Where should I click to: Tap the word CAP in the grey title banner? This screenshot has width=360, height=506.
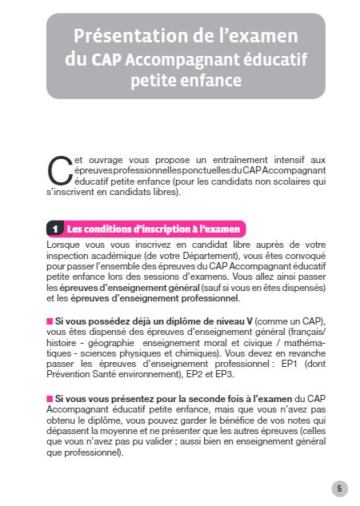pyautogui.click(x=106, y=59)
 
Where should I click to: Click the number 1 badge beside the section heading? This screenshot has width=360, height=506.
pyautogui.click(x=54, y=229)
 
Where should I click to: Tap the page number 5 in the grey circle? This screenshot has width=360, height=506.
pyautogui.click(x=339, y=488)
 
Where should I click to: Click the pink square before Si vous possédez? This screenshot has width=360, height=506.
pyautogui.click(x=49, y=321)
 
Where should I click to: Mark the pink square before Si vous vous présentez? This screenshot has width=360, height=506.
pyautogui.click(x=49, y=397)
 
